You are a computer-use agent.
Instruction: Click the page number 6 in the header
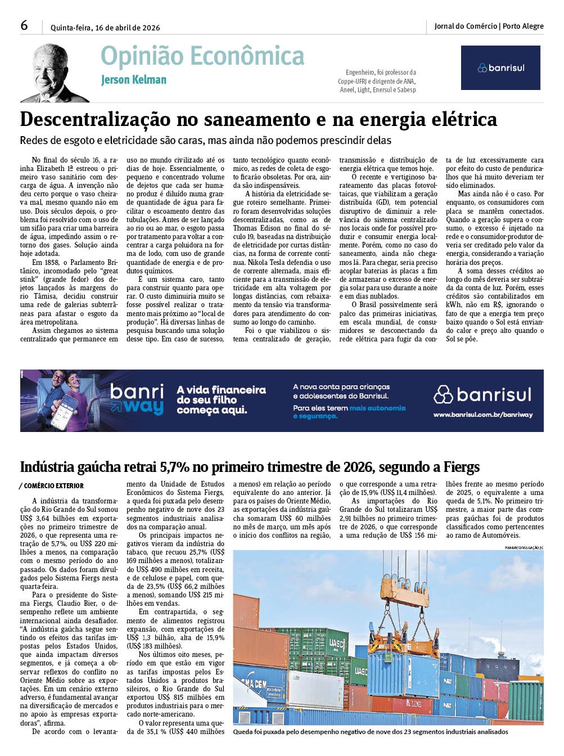24,25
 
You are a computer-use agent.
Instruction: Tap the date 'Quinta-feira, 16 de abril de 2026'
105,28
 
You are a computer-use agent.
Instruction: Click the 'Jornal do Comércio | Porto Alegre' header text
489,26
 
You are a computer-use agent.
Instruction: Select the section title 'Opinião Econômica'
202,56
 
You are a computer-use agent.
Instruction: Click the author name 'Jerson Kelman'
134,80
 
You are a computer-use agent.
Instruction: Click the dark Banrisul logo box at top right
500,68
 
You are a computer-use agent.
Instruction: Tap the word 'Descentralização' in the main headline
95,120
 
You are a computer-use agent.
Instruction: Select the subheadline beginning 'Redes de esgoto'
205,141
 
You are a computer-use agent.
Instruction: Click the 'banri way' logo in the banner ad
137,399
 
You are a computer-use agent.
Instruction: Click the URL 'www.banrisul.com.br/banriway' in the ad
482,415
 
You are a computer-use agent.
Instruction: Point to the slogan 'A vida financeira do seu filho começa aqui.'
221,400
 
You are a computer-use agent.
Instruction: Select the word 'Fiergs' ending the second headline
461,467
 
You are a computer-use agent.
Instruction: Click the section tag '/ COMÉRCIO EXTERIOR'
51,486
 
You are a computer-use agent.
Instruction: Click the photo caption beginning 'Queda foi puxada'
370,732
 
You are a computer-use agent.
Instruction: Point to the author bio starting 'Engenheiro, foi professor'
377,81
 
